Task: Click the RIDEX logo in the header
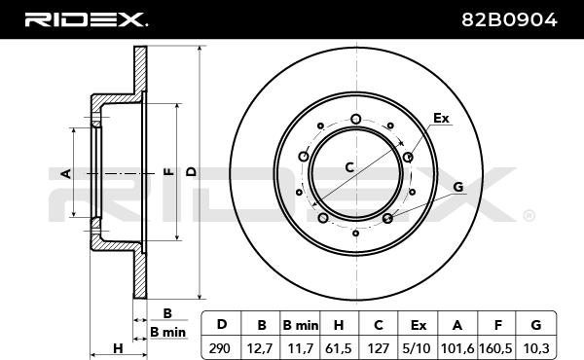pyautogui.click(x=87, y=19)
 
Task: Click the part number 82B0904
pyautogui.click(x=509, y=19)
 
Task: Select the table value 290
pyautogui.click(x=220, y=348)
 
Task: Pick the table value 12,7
pyautogui.click(x=260, y=349)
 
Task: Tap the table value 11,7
pyautogui.click(x=300, y=349)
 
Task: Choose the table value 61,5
pyautogui.click(x=338, y=349)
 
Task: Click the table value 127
pyautogui.click(x=378, y=348)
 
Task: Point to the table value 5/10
pyautogui.click(x=417, y=348)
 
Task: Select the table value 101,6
pyautogui.click(x=457, y=349)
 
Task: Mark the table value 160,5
pyautogui.click(x=495, y=349)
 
